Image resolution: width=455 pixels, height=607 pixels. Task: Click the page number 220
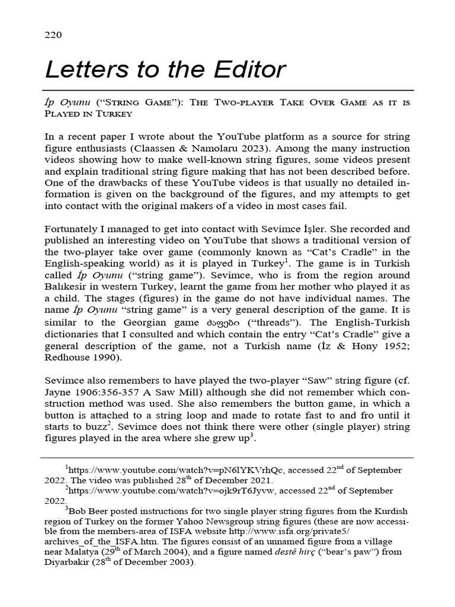54,35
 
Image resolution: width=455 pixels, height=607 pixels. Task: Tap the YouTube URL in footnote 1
177,470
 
